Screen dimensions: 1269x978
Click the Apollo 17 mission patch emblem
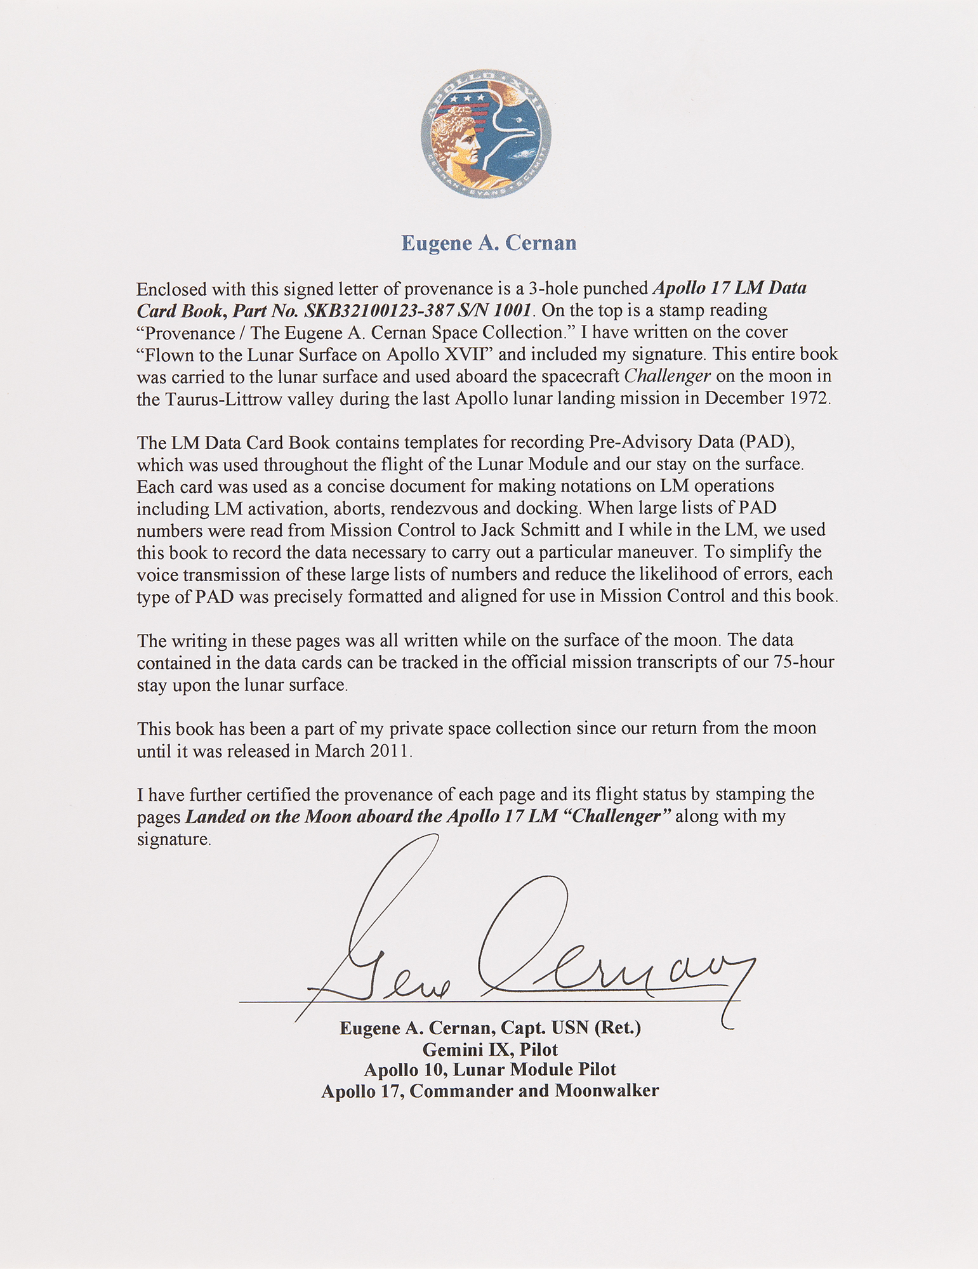click(486, 133)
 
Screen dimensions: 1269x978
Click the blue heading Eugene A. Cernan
click(489, 244)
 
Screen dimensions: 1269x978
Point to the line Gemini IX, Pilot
click(490, 1049)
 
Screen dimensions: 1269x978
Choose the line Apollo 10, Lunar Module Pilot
click(490, 1070)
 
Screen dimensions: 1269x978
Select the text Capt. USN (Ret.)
click(571, 1029)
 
